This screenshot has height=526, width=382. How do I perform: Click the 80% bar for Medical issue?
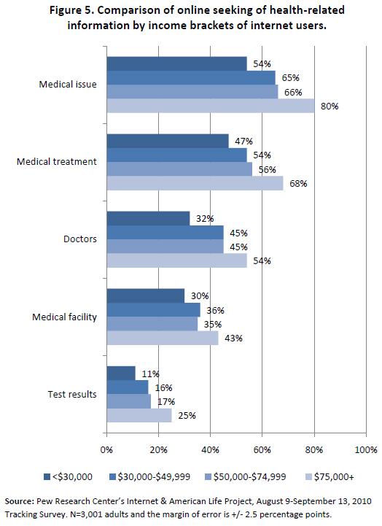(211, 106)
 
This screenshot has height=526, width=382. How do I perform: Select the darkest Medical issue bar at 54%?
(177, 63)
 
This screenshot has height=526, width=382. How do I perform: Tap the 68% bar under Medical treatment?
(195, 183)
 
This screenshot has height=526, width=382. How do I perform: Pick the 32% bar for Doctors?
(149, 218)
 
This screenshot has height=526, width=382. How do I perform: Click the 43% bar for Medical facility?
(163, 338)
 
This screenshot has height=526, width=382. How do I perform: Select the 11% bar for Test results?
(121, 373)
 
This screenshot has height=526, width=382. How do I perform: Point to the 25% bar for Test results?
(139, 415)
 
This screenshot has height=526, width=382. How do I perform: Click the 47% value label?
(243, 142)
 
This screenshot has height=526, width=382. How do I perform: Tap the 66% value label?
(293, 92)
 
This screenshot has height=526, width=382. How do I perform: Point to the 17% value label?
(166, 401)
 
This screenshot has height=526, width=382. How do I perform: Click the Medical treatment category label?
(57, 162)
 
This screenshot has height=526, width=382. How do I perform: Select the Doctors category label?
(80, 239)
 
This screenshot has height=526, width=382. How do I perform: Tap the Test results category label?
(72, 394)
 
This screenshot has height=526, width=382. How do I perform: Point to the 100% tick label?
(366, 450)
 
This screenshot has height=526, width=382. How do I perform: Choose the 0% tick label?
(106, 450)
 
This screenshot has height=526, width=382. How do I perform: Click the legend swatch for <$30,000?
(47, 476)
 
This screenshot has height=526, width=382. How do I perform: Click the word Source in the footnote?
(19, 501)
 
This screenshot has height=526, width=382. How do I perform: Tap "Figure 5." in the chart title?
(71, 10)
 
